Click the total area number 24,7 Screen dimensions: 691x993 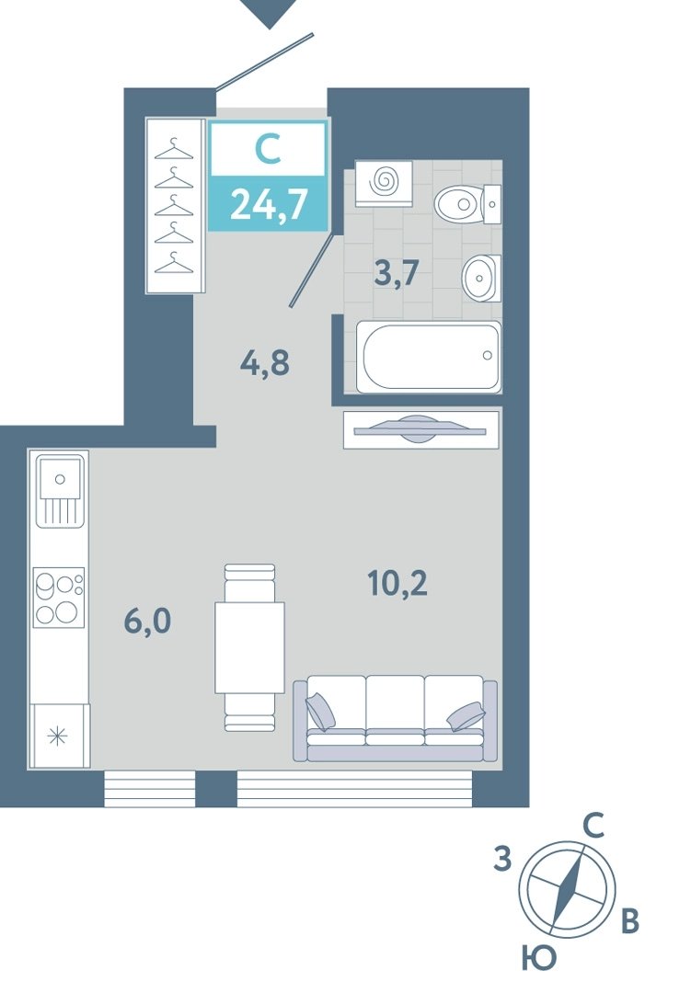[270, 204]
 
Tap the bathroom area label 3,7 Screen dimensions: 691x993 [397, 274]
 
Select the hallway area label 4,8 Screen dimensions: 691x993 [265, 363]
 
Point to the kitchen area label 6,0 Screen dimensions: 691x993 [148, 622]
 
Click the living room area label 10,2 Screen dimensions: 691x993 [397, 583]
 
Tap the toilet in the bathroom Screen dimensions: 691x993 [467, 204]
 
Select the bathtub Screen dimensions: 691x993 [429, 357]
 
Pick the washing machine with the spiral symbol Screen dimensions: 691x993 [384, 183]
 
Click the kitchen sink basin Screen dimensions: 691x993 [60, 478]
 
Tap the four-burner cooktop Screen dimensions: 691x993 [59, 598]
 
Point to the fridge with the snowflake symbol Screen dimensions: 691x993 [58, 736]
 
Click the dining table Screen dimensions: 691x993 [249, 647]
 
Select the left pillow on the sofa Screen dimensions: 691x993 [321, 710]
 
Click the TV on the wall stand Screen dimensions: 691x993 [420, 430]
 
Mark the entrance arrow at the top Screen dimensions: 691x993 [271, 13]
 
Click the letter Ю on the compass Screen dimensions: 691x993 [539, 958]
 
